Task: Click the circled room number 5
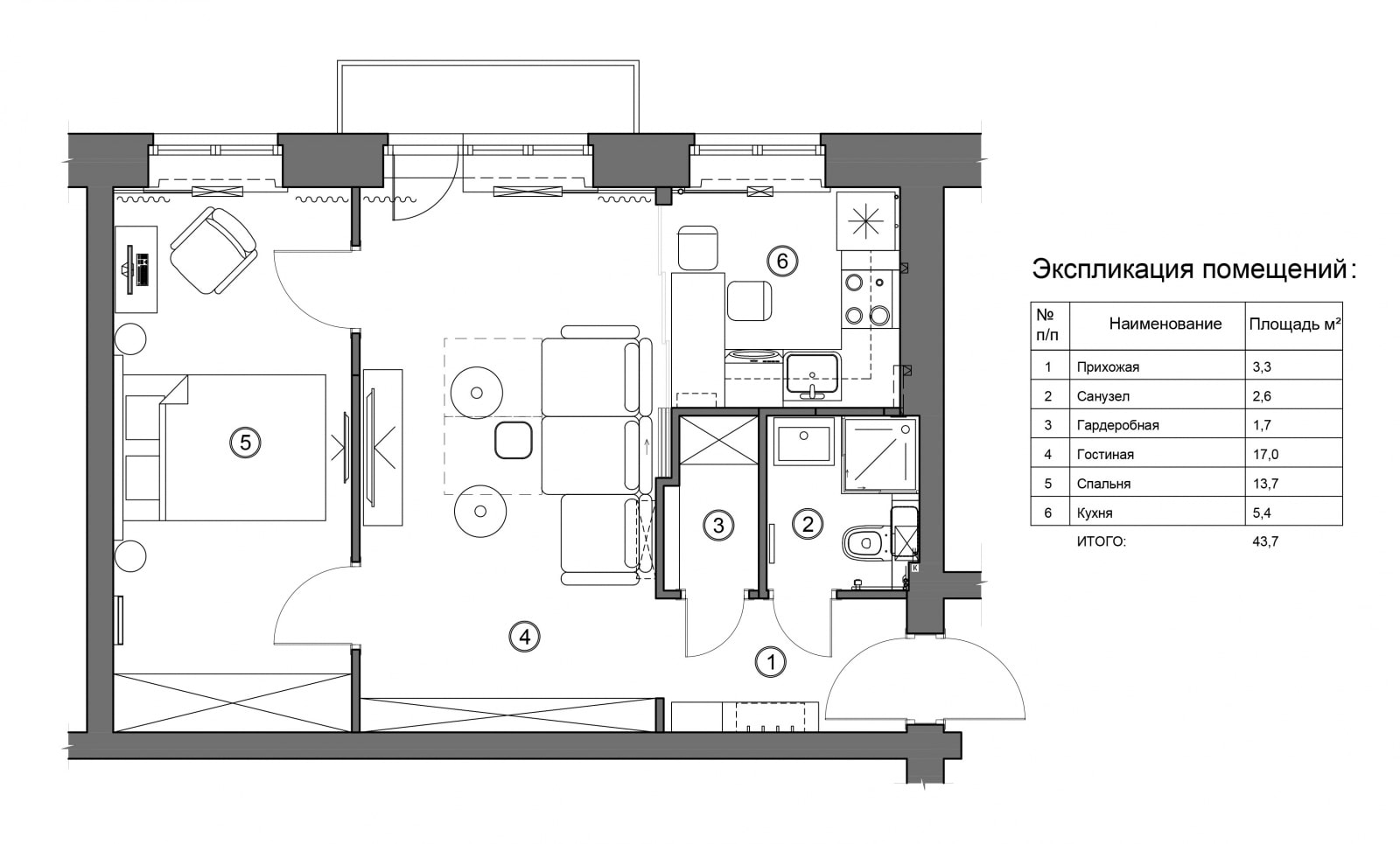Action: (245, 443)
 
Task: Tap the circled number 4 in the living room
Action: (524, 637)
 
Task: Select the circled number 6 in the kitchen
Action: (782, 261)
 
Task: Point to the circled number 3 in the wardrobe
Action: (718, 526)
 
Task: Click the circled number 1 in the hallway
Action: (771, 661)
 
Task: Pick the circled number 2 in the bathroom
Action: (808, 524)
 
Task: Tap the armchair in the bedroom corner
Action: (214, 250)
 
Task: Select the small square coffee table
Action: (513, 441)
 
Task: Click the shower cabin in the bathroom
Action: (880, 456)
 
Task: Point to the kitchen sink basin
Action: (813, 374)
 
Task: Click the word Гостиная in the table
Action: (1105, 455)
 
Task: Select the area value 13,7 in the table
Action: (1265, 484)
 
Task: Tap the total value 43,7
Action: (1265, 541)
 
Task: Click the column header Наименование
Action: (1165, 324)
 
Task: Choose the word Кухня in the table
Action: (1095, 513)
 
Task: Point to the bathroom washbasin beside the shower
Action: (804, 441)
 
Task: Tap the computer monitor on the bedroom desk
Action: (129, 270)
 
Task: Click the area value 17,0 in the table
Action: (1265, 455)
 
